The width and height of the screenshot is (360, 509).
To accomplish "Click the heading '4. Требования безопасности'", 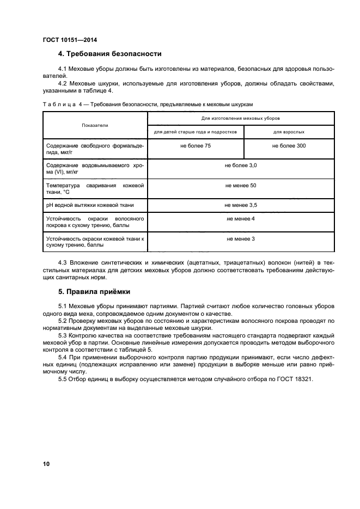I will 109,54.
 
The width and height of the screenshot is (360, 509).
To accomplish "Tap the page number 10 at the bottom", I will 46,464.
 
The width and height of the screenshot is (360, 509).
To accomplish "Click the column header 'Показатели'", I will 95,125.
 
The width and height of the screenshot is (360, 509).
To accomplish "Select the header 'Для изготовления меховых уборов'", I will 241,118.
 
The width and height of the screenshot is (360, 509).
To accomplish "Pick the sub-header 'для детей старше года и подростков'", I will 195,132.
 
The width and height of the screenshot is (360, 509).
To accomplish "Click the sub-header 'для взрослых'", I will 289,132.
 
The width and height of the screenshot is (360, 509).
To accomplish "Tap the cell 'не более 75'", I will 196,146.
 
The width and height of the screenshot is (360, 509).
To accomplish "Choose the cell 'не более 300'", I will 289,146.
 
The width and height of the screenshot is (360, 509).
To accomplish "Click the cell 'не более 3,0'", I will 241,164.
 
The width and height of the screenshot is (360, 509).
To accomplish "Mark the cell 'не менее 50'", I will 241,186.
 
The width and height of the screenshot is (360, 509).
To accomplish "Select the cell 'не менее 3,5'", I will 241,205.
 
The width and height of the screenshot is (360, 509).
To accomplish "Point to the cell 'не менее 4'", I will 241,218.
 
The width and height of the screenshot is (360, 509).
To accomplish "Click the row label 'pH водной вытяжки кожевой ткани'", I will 90,205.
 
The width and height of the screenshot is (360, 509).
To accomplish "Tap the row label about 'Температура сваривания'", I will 95,189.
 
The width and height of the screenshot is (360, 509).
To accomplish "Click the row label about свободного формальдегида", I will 95,149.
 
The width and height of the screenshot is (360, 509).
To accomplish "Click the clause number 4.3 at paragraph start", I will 63,263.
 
